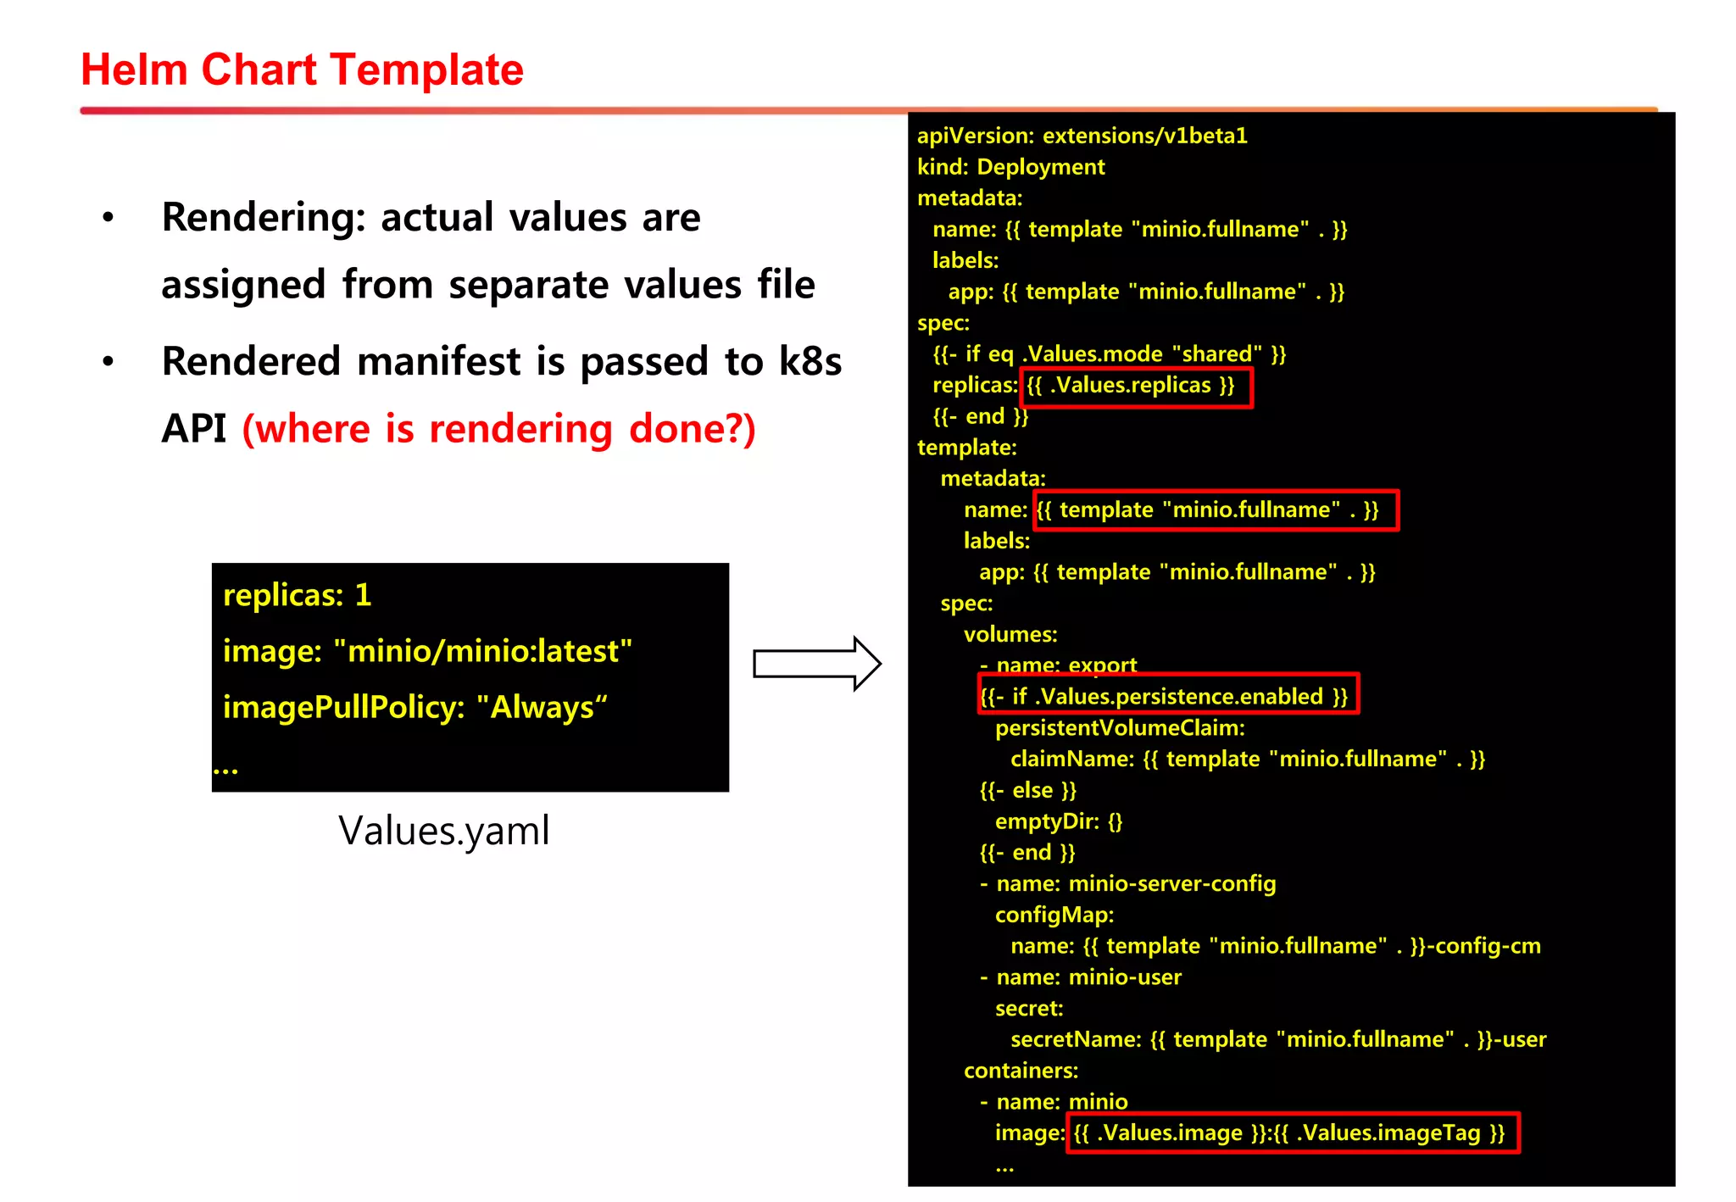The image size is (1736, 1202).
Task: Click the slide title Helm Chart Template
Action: [302, 70]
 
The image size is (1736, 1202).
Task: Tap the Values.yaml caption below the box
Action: [443, 830]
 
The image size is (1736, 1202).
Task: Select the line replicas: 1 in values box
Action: [297, 595]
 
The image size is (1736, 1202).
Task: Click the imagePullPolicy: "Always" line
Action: [415, 707]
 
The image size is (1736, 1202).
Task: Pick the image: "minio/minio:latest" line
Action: [427, 651]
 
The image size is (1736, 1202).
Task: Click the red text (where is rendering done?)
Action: [498, 429]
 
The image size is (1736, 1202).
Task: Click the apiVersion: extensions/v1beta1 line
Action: [1082, 136]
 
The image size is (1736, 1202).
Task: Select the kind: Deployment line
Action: [1010, 167]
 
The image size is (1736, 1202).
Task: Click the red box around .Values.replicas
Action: [1136, 387]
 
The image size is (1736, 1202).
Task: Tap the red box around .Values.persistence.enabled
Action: [1167, 694]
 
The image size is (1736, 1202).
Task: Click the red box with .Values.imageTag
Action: [1292, 1133]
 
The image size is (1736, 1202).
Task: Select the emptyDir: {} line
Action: [1058, 821]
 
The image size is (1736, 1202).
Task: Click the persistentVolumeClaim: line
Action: [1119, 728]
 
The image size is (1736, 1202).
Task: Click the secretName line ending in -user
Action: [1277, 1040]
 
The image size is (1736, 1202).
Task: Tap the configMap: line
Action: [1054, 915]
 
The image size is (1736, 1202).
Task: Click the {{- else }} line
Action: [1027, 791]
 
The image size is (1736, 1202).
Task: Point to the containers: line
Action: [1021, 1071]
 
